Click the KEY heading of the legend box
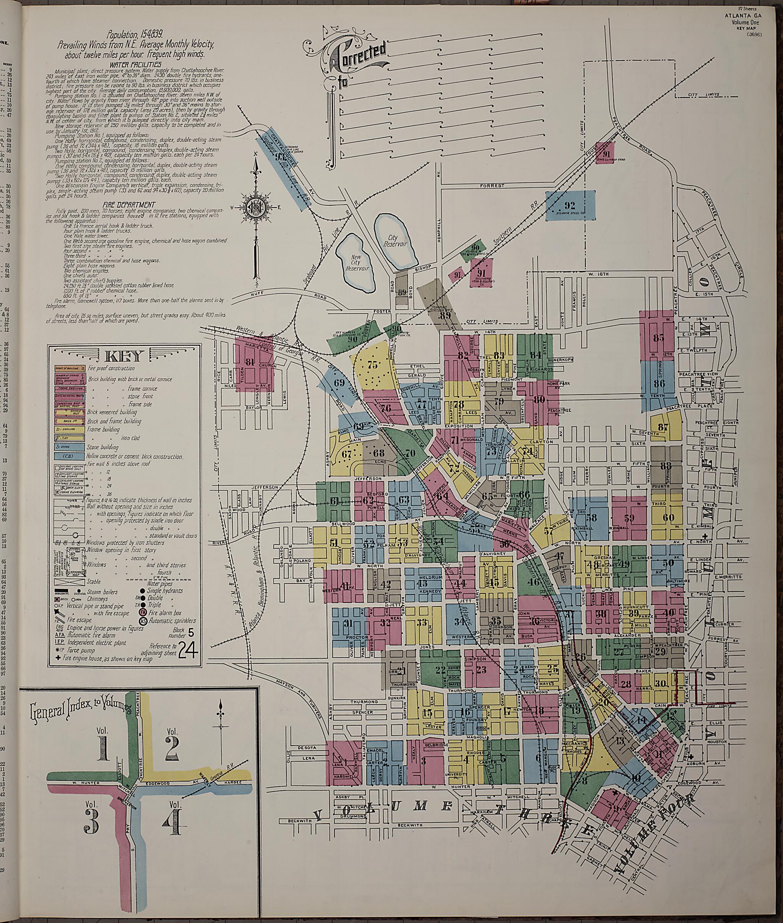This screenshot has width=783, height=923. (124, 356)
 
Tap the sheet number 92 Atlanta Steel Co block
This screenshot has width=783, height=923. (570, 205)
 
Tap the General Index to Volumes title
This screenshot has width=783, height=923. (80, 711)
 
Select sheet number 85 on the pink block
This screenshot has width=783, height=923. (659, 337)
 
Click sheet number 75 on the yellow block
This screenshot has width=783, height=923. (372, 365)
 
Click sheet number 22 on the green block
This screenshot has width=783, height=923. (440, 670)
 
